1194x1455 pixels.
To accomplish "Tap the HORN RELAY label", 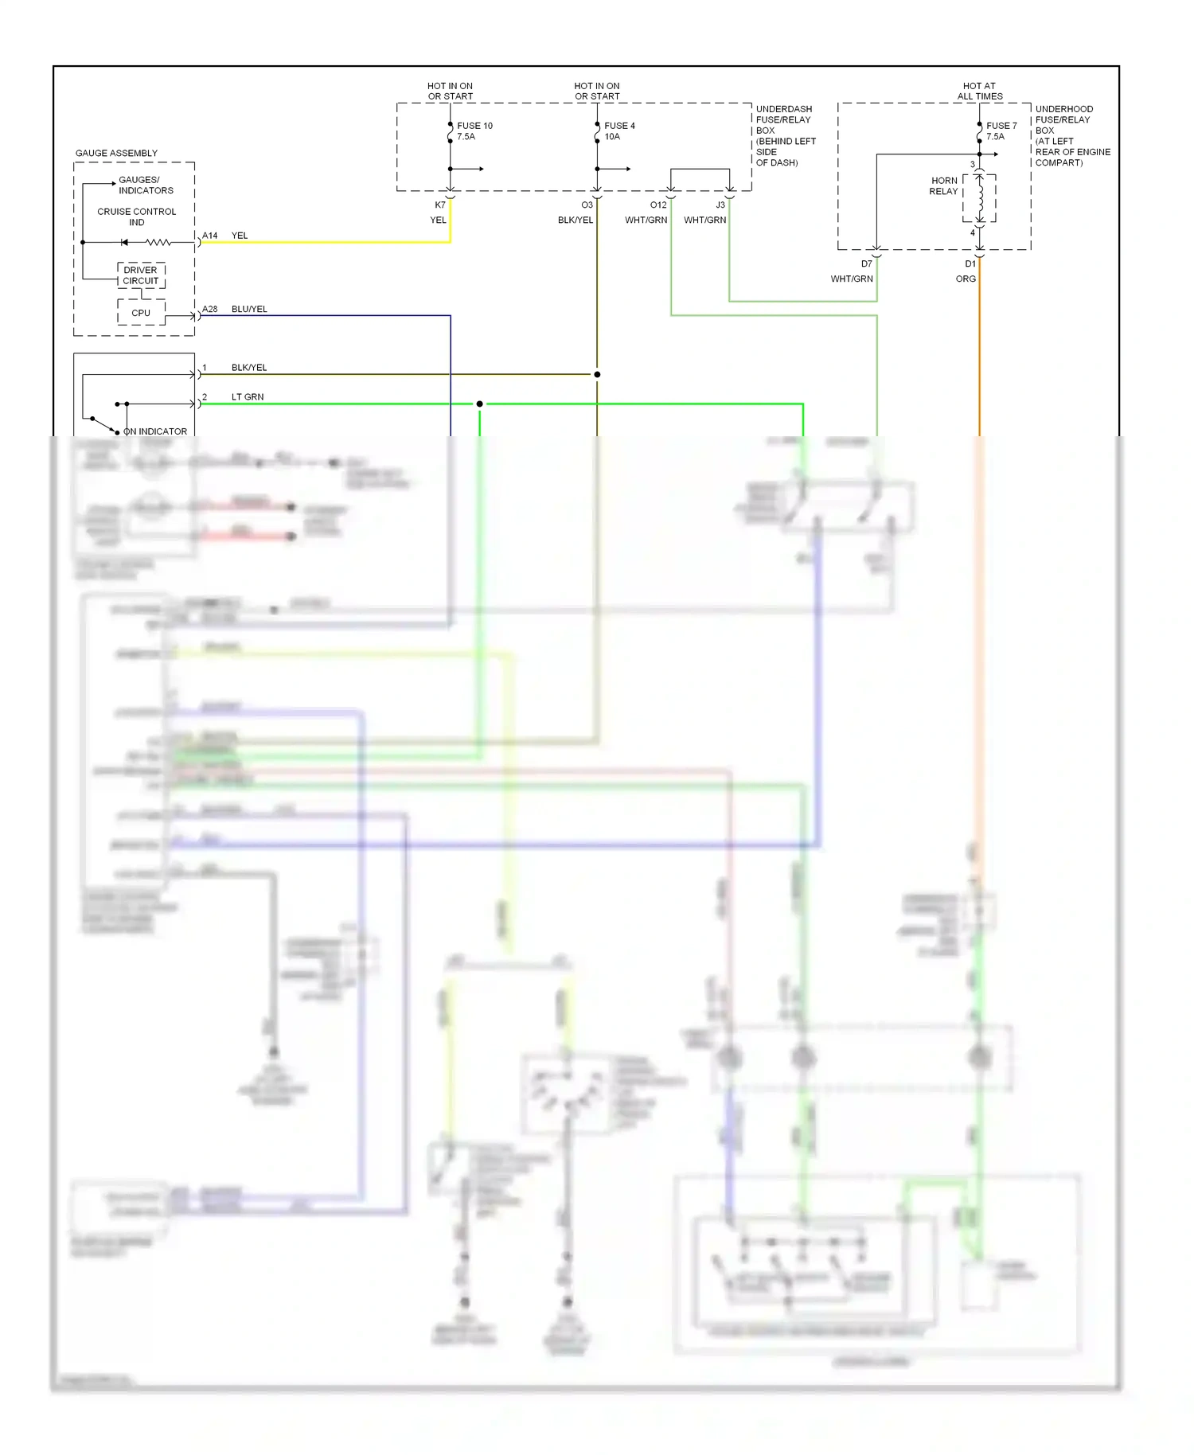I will pyautogui.click(x=944, y=185).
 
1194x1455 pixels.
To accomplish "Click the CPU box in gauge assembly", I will pyautogui.click(x=141, y=313).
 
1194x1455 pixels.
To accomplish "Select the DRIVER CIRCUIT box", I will pyautogui.click(x=141, y=275).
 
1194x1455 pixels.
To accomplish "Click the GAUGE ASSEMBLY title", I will pyautogui.click(x=116, y=153).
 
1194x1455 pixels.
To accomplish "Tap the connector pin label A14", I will pyautogui.click(x=209, y=236).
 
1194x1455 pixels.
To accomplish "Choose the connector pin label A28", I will pyautogui.click(x=209, y=309).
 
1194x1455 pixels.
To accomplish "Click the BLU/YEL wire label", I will pyautogui.click(x=249, y=309).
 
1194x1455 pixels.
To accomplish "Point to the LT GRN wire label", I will pyautogui.click(x=248, y=396).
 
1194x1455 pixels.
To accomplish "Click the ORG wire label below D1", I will pyautogui.click(x=966, y=279).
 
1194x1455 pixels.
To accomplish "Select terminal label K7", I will pyautogui.click(x=440, y=205).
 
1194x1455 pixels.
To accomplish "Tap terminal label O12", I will pyautogui.click(x=658, y=205).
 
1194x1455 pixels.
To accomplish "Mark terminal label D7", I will pyautogui.click(x=867, y=263).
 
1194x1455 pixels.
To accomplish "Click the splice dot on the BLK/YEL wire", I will pyautogui.click(x=597, y=374).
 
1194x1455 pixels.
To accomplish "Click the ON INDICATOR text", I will pyautogui.click(x=155, y=431).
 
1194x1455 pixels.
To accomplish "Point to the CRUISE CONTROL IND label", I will pyautogui.click(x=137, y=216).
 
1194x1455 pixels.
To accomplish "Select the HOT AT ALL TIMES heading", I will pyautogui.click(x=979, y=91).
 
